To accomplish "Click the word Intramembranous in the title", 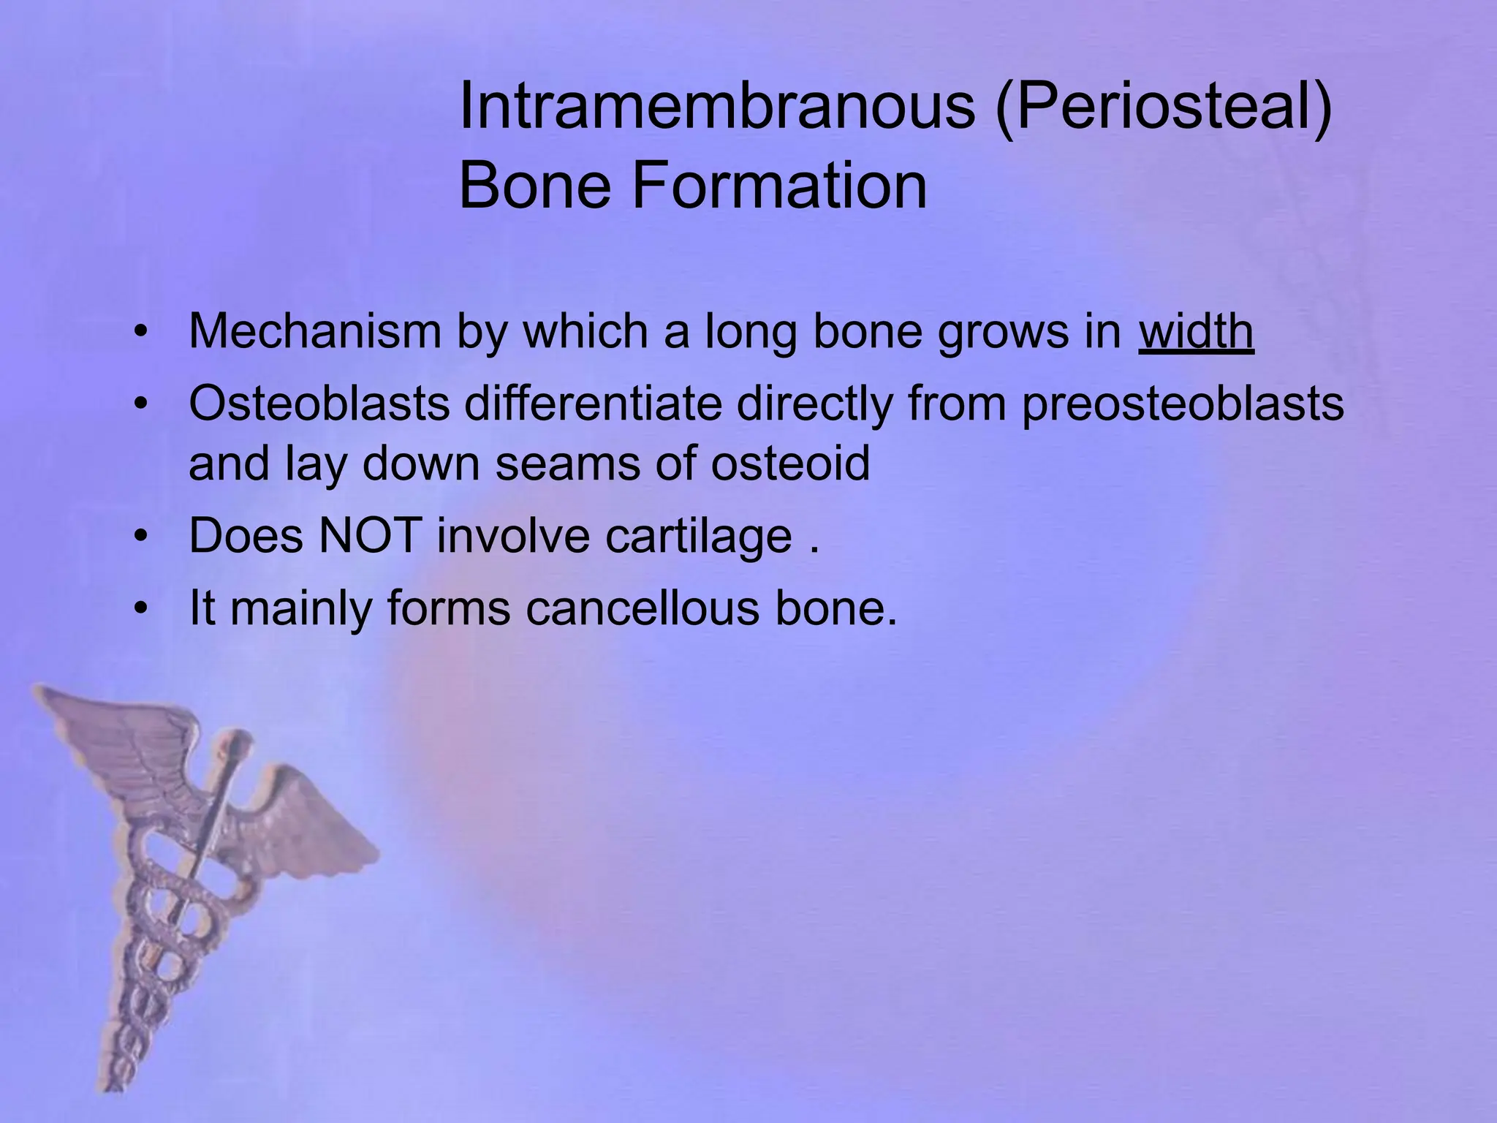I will (716, 107).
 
